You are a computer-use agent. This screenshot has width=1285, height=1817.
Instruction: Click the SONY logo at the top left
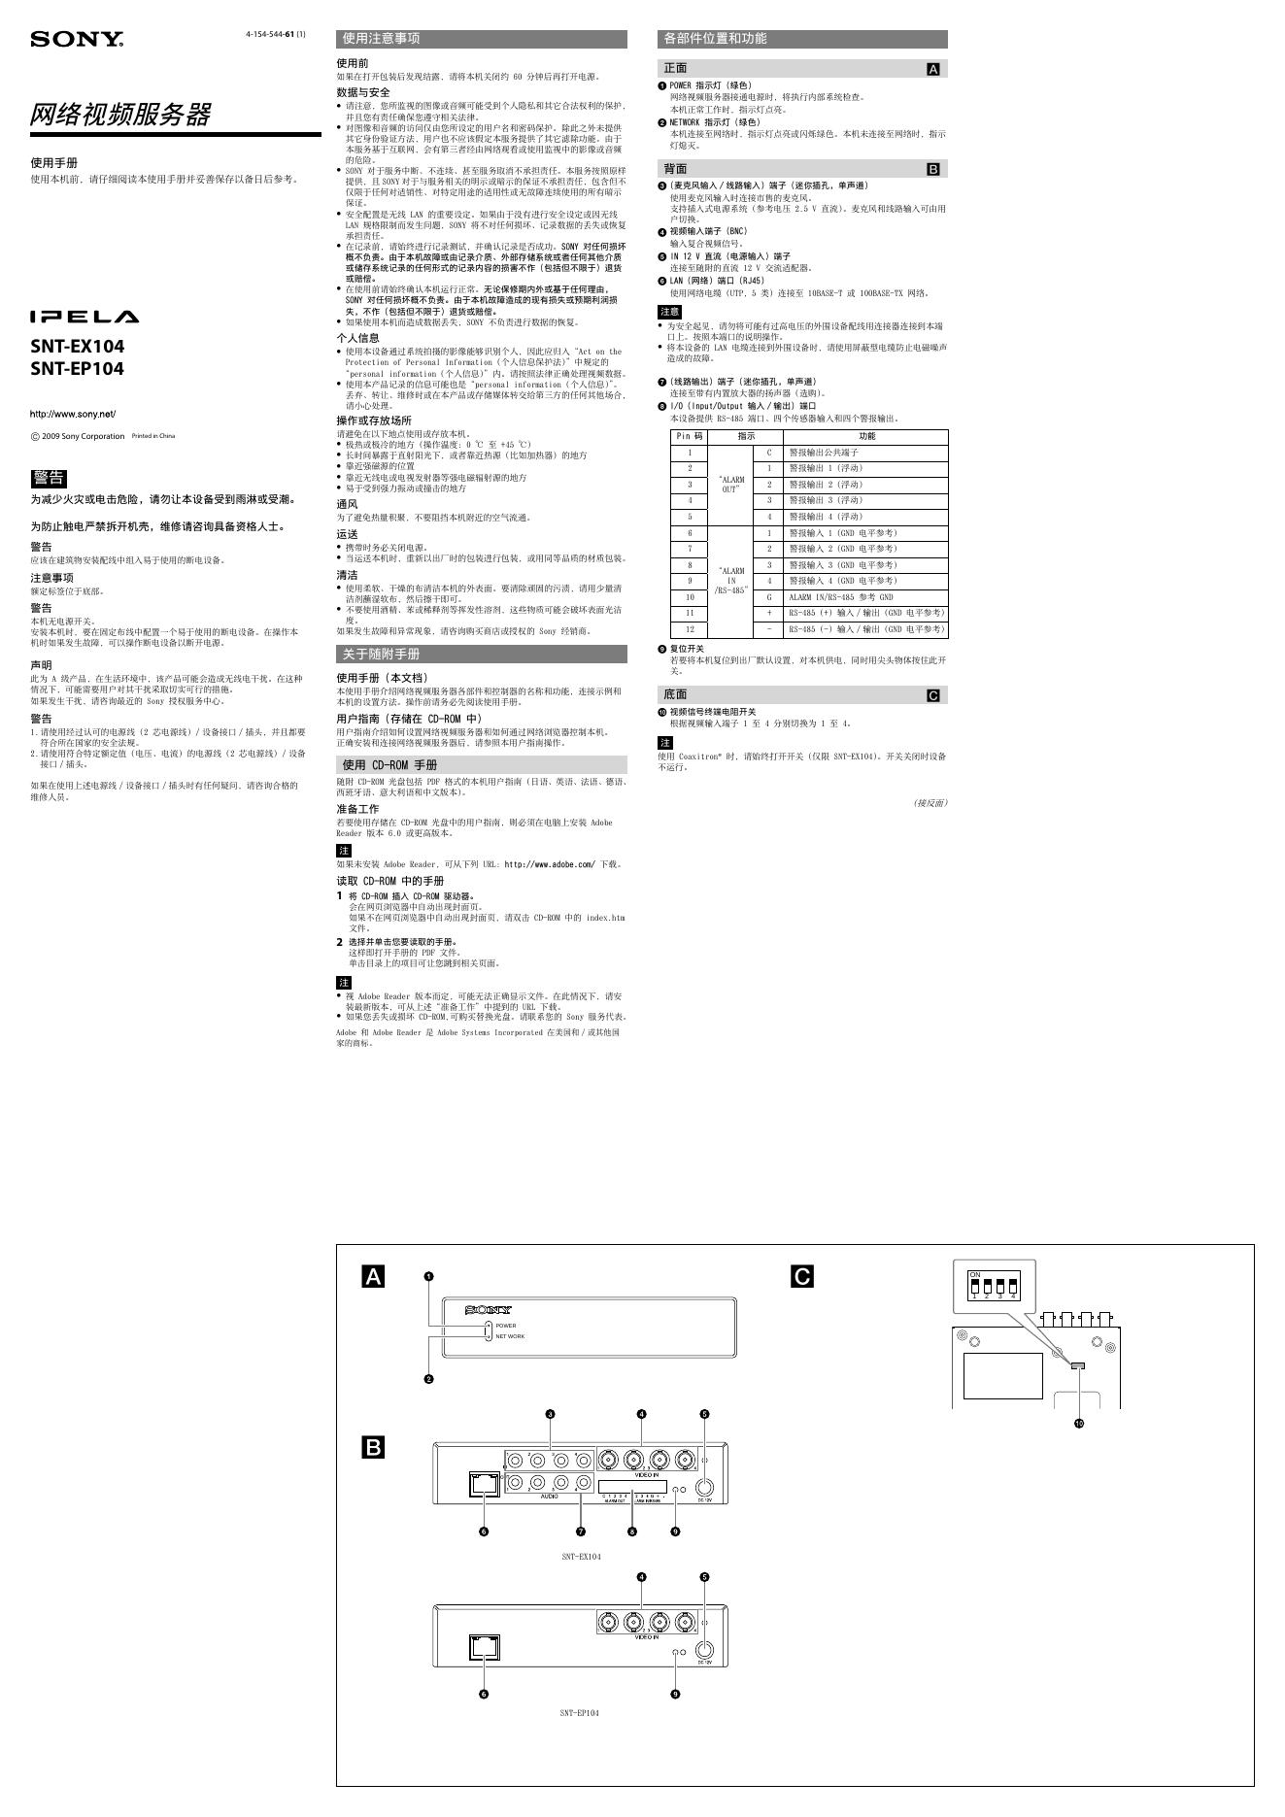coord(77,40)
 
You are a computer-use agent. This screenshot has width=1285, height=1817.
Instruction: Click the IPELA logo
coord(84,317)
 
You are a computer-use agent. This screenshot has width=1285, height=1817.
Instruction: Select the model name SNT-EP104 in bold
coord(77,369)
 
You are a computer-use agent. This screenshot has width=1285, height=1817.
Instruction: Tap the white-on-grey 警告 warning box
coord(49,478)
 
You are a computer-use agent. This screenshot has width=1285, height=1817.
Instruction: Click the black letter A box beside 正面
coord(933,69)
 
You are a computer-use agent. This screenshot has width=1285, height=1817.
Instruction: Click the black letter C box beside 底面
coord(933,695)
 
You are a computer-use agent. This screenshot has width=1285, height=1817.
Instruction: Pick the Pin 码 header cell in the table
coord(690,437)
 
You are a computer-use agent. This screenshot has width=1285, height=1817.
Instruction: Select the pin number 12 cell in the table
coord(690,629)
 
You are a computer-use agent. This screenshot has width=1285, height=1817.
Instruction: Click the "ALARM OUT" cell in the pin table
coord(731,485)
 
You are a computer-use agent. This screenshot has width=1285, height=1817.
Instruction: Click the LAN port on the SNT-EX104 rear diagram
coord(483,1483)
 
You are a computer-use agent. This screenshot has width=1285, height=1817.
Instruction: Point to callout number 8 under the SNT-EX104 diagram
coord(632,1531)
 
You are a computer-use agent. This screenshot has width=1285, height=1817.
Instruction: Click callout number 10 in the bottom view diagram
coord(1079,1424)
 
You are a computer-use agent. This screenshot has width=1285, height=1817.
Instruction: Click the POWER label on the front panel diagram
coord(506,1326)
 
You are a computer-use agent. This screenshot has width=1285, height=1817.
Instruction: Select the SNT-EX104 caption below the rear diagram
coord(581,1557)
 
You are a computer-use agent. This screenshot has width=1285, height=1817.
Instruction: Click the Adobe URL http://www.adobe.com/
coord(549,864)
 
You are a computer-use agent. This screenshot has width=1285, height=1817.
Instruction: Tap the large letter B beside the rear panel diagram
coord(373,1448)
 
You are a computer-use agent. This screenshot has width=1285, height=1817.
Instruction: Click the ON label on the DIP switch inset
coord(975,1273)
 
